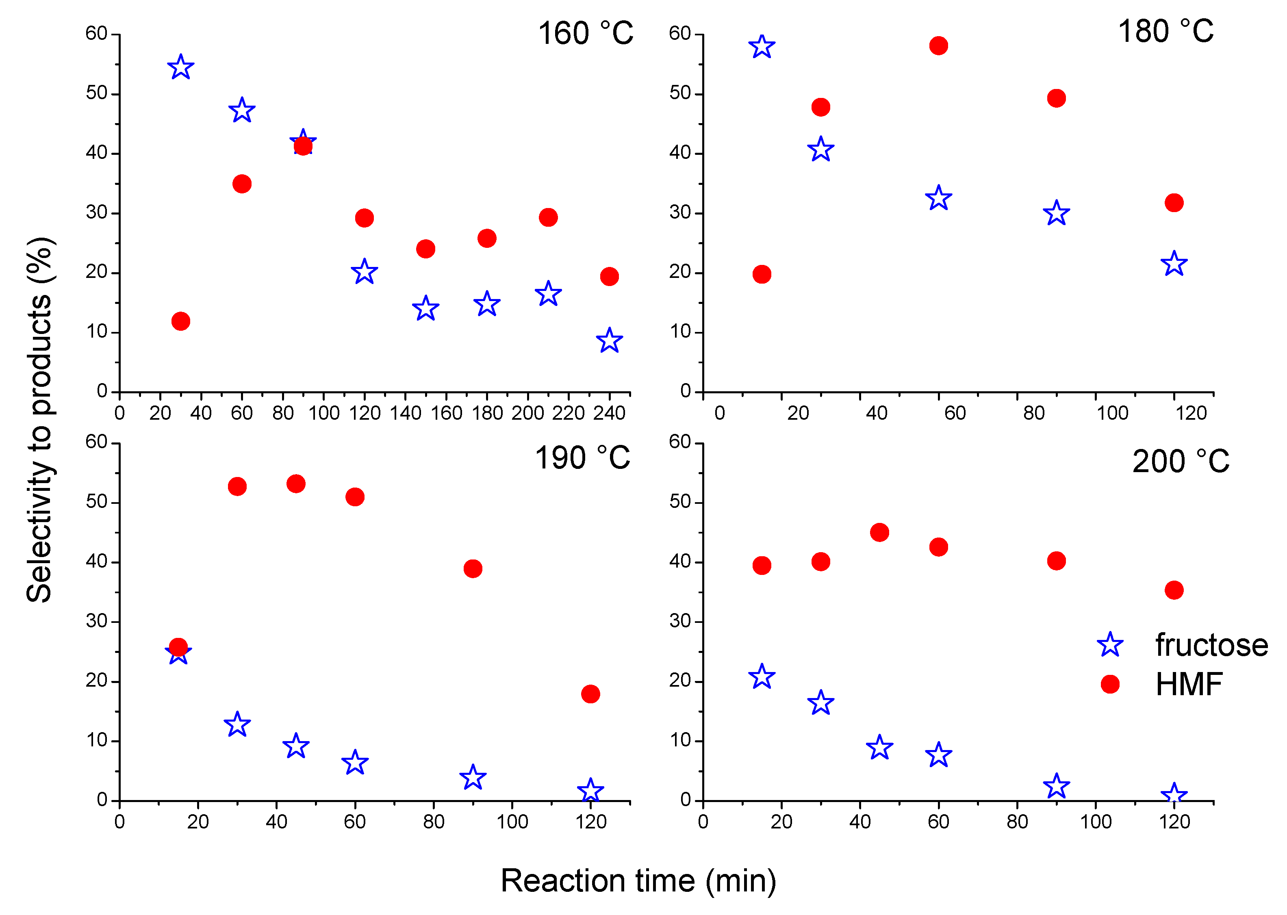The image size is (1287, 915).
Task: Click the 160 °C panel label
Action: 586,34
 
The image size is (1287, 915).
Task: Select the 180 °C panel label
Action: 1165,32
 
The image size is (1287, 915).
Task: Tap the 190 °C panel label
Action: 582,458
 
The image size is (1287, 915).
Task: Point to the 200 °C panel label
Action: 1181,462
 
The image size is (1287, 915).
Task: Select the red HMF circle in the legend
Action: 1109,685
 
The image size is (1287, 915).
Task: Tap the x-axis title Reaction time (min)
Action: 638,880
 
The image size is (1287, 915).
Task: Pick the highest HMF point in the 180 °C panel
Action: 938,46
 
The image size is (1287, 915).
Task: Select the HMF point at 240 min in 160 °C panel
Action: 609,277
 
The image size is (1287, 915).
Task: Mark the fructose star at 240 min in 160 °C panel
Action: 609,341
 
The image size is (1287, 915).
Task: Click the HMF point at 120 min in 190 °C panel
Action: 590,694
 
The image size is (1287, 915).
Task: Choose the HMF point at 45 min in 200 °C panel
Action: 879,532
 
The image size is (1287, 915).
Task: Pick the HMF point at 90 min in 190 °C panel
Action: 473,568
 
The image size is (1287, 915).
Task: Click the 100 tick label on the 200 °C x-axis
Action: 1096,822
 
